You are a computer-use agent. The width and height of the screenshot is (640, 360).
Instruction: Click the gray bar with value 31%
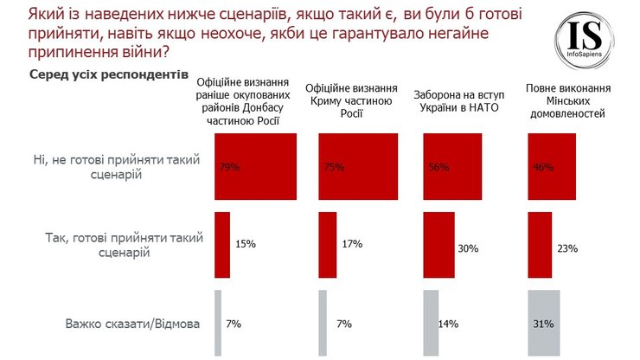544,324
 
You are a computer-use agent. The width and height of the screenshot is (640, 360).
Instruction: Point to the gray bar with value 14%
431,324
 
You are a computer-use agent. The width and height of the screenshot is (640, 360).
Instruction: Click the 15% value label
245,245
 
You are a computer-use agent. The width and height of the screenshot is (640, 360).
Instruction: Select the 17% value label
351,245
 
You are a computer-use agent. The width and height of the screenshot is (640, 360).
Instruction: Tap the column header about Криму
358,101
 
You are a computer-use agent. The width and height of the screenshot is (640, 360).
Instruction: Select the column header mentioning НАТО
462,101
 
